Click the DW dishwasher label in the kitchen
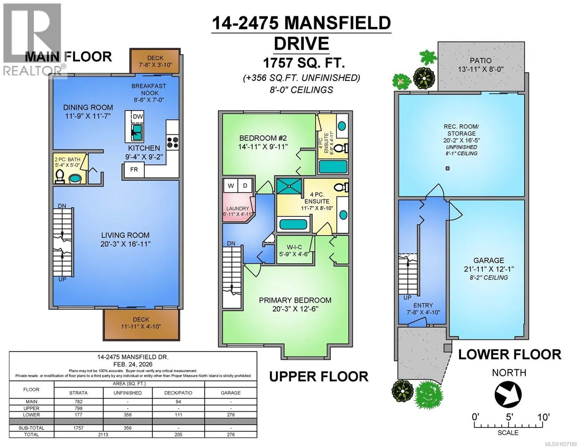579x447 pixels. click(x=138, y=116)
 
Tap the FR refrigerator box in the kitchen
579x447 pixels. click(x=134, y=169)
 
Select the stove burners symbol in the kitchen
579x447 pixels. click(x=173, y=142)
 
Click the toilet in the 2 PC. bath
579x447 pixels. click(x=60, y=176)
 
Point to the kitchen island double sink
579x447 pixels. click(x=138, y=132)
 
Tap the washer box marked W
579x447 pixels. click(x=231, y=186)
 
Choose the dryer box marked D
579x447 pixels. click(x=245, y=186)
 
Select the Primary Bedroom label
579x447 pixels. click(x=295, y=300)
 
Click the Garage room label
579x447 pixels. click(x=489, y=260)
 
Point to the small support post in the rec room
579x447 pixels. click(x=448, y=168)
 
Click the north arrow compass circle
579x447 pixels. click(x=508, y=395)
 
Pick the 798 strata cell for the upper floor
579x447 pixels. click(x=78, y=408)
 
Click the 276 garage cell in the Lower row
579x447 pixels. click(x=231, y=415)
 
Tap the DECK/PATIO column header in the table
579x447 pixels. click(x=178, y=393)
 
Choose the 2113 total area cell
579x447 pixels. click(x=103, y=434)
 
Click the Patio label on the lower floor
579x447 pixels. click(x=481, y=61)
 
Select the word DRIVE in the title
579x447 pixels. click(x=301, y=43)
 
